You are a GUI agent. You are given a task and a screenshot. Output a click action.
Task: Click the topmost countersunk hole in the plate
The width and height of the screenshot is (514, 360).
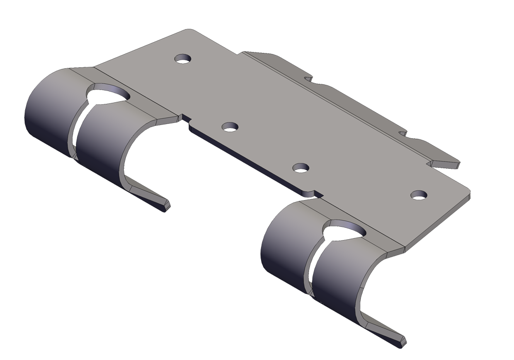[182, 59]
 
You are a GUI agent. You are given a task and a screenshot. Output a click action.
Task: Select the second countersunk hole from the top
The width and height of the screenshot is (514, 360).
[230, 127]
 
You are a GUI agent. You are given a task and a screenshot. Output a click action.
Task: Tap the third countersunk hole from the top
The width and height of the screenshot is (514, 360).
[300, 168]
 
